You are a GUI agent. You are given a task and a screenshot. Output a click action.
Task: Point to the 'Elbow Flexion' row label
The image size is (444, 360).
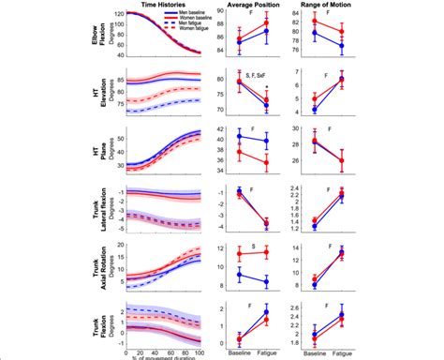pos(90,33)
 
